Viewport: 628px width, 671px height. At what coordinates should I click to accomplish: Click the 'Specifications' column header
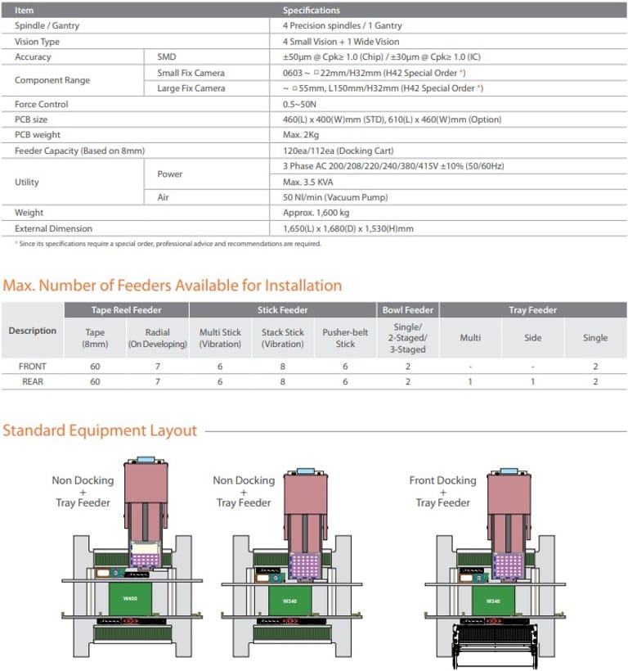[312, 11]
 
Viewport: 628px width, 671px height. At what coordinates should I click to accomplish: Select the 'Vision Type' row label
[37, 42]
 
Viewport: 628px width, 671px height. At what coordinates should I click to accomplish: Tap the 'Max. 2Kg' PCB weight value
[302, 135]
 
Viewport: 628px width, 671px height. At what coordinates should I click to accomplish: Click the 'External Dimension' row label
[53, 228]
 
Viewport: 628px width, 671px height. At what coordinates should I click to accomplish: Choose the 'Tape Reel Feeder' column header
[126, 310]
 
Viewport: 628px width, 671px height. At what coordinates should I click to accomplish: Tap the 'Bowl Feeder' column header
[408, 310]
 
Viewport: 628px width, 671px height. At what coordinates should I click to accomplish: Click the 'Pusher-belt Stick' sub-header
[346, 338]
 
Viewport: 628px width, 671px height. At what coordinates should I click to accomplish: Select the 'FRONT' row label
[33, 367]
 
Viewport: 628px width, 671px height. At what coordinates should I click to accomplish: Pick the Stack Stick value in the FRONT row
[283, 367]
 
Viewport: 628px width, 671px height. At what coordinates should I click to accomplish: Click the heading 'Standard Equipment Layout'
[100, 430]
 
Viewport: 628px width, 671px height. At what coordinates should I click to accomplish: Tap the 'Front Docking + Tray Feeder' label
[442, 491]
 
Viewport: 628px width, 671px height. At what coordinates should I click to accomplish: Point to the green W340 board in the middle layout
[290, 601]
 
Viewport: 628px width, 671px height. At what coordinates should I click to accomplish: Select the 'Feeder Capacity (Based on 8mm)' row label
[67, 151]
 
